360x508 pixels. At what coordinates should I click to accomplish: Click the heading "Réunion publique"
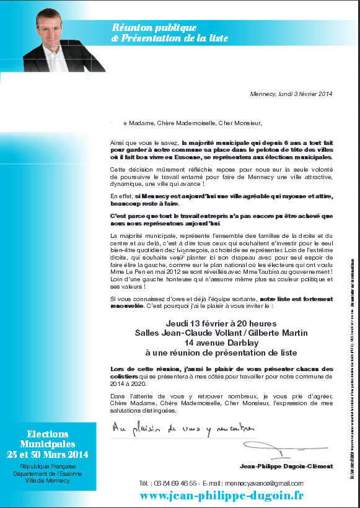coord(154,27)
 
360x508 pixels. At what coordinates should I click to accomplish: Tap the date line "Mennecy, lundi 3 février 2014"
coord(290,94)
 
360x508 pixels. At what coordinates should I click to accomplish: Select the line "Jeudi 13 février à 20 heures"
coord(221,323)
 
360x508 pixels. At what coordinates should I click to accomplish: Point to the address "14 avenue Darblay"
coord(221,342)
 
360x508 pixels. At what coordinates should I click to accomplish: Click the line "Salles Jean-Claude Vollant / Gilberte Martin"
coord(221,333)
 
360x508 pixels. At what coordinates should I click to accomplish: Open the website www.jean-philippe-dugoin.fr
coord(221,495)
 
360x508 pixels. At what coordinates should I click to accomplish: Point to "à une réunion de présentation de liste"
coord(221,353)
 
